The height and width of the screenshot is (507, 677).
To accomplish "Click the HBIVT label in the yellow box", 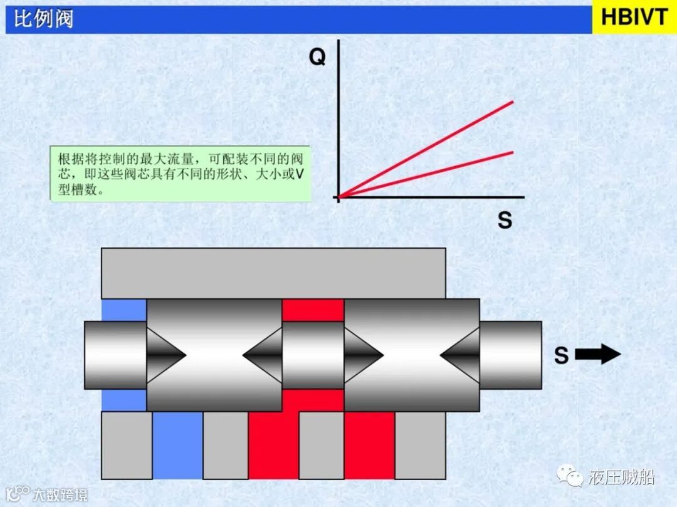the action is (x=634, y=18).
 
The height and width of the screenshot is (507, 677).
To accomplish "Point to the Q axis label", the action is (x=317, y=58).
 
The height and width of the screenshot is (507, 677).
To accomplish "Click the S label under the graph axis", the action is (x=505, y=220).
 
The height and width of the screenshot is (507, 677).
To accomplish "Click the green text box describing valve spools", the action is (x=181, y=174).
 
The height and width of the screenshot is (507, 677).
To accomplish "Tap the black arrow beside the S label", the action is (x=597, y=355).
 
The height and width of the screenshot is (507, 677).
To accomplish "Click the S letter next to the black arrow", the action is (x=561, y=355).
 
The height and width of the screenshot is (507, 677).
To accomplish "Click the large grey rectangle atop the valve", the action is (x=273, y=273).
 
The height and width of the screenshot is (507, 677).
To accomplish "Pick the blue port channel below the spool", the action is (x=177, y=445).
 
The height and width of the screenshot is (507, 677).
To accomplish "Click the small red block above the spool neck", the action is (x=313, y=310).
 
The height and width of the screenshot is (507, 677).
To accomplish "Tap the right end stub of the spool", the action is (x=510, y=355).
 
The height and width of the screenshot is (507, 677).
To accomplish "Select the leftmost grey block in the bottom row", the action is (x=127, y=445).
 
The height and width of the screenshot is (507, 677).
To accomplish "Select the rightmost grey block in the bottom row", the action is (x=420, y=445).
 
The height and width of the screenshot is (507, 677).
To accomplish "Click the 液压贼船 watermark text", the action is (x=621, y=478).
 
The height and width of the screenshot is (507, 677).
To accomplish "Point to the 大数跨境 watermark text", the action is (x=60, y=494).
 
